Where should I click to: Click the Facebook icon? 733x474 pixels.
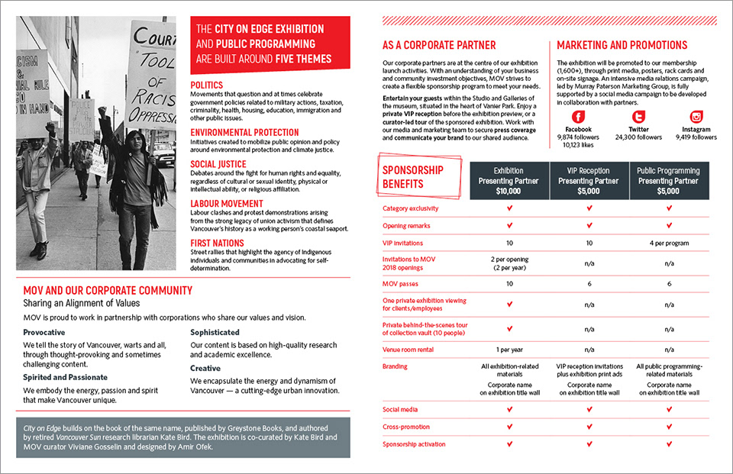pyautogui.click(x=578, y=117)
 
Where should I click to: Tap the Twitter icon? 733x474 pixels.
pyautogui.click(x=638, y=117)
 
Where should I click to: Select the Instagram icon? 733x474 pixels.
pyautogui.click(x=696, y=117)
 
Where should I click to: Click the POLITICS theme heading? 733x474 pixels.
pyautogui.click(x=206, y=85)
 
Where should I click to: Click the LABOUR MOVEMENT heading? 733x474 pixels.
pyautogui.click(x=226, y=204)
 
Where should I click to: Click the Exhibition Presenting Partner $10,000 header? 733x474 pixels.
pyautogui.click(x=509, y=181)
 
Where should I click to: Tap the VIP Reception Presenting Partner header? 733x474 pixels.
pyautogui.click(x=589, y=181)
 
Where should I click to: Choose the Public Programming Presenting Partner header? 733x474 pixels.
pyautogui.click(x=669, y=181)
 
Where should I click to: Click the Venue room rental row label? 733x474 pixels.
pyautogui.click(x=408, y=350)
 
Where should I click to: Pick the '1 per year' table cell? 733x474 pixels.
pyautogui.click(x=509, y=350)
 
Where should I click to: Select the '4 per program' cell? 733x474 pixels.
pyautogui.click(x=669, y=243)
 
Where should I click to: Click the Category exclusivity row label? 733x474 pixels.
pyautogui.click(x=411, y=208)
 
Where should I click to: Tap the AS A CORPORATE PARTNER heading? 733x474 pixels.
pyautogui.click(x=439, y=46)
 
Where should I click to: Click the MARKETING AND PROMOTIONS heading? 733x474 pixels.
pyautogui.click(x=622, y=46)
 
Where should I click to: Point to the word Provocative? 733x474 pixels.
pyautogui.click(x=44, y=333)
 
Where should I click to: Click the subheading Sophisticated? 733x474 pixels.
pyautogui.click(x=215, y=333)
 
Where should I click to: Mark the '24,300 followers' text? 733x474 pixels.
pyautogui.click(x=638, y=137)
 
